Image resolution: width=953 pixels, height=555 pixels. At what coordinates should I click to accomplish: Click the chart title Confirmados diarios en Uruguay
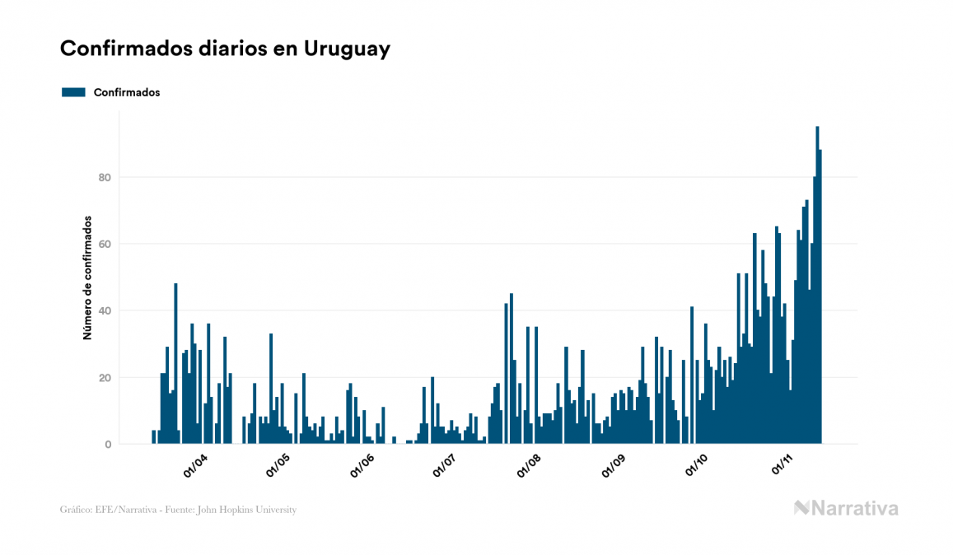(x=225, y=49)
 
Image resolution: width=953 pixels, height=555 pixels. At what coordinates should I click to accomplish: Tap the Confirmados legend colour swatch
(x=74, y=92)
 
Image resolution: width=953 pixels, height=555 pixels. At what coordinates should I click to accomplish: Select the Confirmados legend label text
(x=127, y=92)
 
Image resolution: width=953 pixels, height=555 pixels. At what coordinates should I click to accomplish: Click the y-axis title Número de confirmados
(x=86, y=277)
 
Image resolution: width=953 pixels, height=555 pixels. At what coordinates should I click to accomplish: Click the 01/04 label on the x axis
(x=195, y=467)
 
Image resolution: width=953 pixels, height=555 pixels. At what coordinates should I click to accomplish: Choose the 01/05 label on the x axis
(x=278, y=467)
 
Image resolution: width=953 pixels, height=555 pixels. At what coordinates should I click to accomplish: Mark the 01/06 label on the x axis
(x=362, y=467)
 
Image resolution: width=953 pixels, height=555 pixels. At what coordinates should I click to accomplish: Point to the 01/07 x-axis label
(x=445, y=467)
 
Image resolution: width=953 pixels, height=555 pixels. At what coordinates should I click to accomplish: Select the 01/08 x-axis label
(x=529, y=467)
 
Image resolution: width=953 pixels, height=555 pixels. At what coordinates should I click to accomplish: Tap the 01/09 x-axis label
(x=614, y=467)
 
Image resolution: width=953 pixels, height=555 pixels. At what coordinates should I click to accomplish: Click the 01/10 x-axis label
(x=696, y=467)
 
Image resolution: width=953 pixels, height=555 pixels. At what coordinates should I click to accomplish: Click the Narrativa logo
(x=846, y=508)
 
